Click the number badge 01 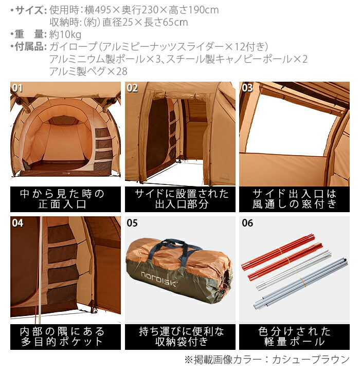pos(17,88)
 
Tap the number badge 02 pos(132,88)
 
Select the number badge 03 pos(247,88)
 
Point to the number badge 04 pos(17,223)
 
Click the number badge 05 pos(132,223)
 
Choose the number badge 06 pos(247,223)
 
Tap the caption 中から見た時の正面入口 pos(65,199)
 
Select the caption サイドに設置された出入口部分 pos(180,199)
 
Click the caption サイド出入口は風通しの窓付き pos(295,199)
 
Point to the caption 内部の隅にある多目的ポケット pos(65,336)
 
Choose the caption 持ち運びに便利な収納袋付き pos(180,336)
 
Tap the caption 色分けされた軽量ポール pos(295,336)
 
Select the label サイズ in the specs pos(30,10)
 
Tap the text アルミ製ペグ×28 pos(88,71)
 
